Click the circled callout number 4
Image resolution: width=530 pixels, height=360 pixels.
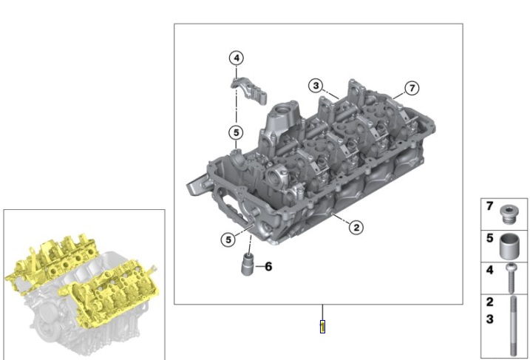pyautogui.click(x=235, y=58)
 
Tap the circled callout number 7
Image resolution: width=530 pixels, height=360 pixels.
pyautogui.click(x=412, y=88)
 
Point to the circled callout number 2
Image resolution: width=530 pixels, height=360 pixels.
pyautogui.click(x=356, y=227)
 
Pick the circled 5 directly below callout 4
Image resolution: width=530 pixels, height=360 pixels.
pyautogui.click(x=235, y=132)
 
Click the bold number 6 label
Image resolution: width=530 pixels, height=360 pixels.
pyautogui.click(x=268, y=266)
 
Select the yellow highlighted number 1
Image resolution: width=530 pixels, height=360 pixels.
pyautogui.click(x=322, y=326)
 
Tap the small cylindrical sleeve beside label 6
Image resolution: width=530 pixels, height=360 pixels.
pyautogui.click(x=248, y=265)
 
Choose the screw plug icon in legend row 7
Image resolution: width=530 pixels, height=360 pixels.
pyautogui.click(x=509, y=214)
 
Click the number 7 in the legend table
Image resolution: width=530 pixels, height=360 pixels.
pyautogui.click(x=489, y=208)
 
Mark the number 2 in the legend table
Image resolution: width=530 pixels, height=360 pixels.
pyautogui.click(x=489, y=302)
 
